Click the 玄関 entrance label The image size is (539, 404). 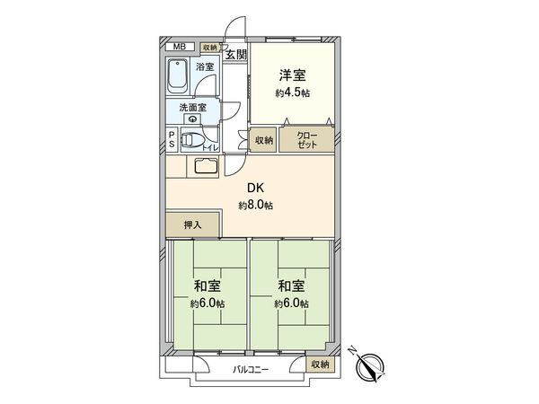235,56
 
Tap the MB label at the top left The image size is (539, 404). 180,46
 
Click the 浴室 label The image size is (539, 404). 205,66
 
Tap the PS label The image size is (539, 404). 172,142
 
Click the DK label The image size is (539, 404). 256,189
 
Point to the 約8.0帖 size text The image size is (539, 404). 256,206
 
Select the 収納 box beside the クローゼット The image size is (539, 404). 263,140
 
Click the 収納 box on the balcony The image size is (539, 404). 319,364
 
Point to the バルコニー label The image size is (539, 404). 252,368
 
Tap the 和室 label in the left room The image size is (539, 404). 207,286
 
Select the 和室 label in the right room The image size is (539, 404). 291,286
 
